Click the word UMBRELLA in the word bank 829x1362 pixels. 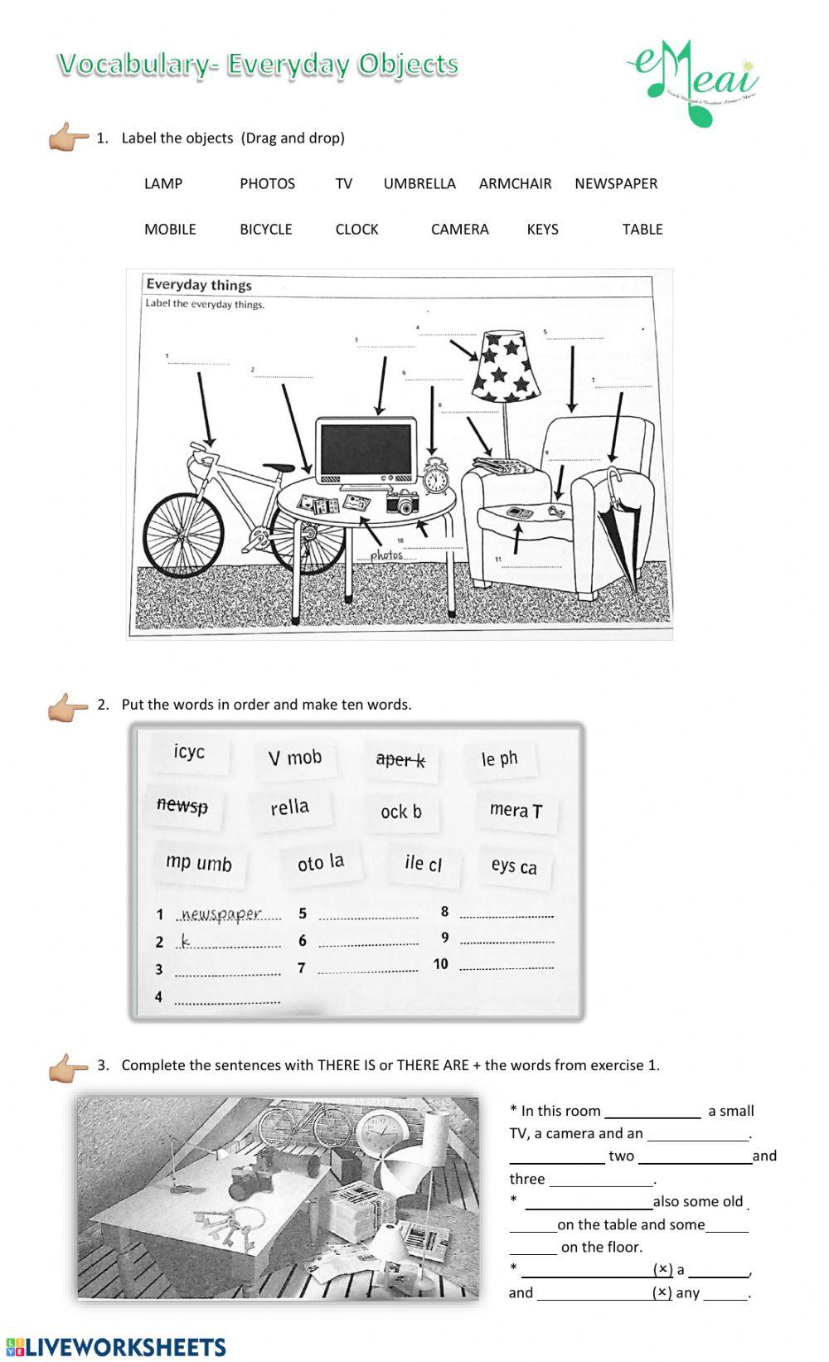coord(419,184)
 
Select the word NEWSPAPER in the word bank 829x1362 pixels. coord(616,184)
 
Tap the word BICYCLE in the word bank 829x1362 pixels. coord(266,230)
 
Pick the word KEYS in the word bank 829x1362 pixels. coord(543,230)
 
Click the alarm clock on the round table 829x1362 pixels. coord(436,477)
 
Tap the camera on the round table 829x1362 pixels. coord(402,501)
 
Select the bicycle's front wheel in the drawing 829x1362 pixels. coord(183,536)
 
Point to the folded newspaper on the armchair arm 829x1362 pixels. coord(504,467)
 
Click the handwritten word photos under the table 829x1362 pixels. coord(386,555)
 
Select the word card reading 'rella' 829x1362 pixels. coord(289,807)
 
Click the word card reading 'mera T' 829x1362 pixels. coord(516,811)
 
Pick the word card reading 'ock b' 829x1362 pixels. coord(401,812)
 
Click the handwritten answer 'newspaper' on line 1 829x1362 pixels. coord(221,914)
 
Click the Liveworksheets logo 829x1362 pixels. coord(115,1346)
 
